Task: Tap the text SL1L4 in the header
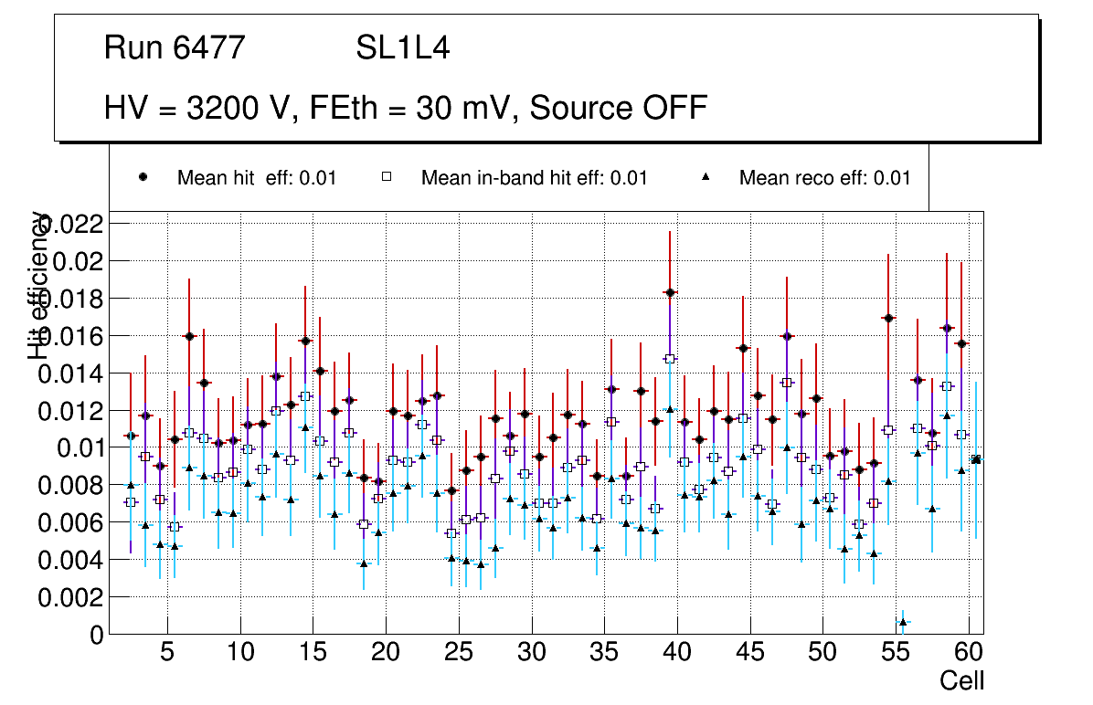pyautogui.click(x=402, y=47)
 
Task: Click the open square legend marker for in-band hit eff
pyautogui.click(x=387, y=178)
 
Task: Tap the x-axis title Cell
pyautogui.click(x=962, y=680)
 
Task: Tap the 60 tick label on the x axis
pyautogui.click(x=969, y=653)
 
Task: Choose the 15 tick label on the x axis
pyautogui.click(x=313, y=653)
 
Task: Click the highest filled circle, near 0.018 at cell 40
pyautogui.click(x=670, y=292)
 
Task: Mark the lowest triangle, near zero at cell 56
pyautogui.click(x=903, y=622)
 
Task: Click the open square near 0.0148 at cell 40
pyautogui.click(x=670, y=359)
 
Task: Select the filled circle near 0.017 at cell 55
pyautogui.click(x=888, y=318)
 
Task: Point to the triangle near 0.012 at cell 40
pyautogui.click(x=670, y=410)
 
